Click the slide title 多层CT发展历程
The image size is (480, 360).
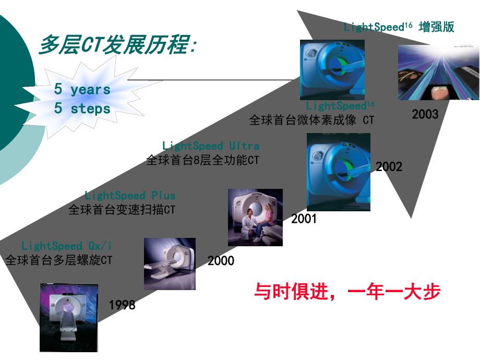click(x=117, y=46)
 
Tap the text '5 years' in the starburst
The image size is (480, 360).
click(x=82, y=89)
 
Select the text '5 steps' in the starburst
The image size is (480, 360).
click(x=82, y=109)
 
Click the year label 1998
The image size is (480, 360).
click(x=122, y=305)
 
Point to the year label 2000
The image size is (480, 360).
click(x=221, y=261)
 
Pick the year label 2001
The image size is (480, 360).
click(x=304, y=219)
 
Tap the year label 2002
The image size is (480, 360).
click(x=389, y=167)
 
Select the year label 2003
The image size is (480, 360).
click(x=425, y=114)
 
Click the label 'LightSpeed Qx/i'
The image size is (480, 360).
click(x=67, y=245)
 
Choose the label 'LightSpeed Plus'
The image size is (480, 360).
click(x=130, y=196)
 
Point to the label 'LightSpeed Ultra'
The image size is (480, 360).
click(x=210, y=146)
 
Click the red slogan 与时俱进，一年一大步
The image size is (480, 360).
click(x=347, y=291)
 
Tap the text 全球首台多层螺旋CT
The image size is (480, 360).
click(x=58, y=259)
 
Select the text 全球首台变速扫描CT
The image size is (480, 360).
click(x=122, y=210)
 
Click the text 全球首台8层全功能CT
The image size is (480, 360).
click(x=202, y=160)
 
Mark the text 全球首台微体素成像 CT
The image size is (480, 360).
click(x=311, y=119)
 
